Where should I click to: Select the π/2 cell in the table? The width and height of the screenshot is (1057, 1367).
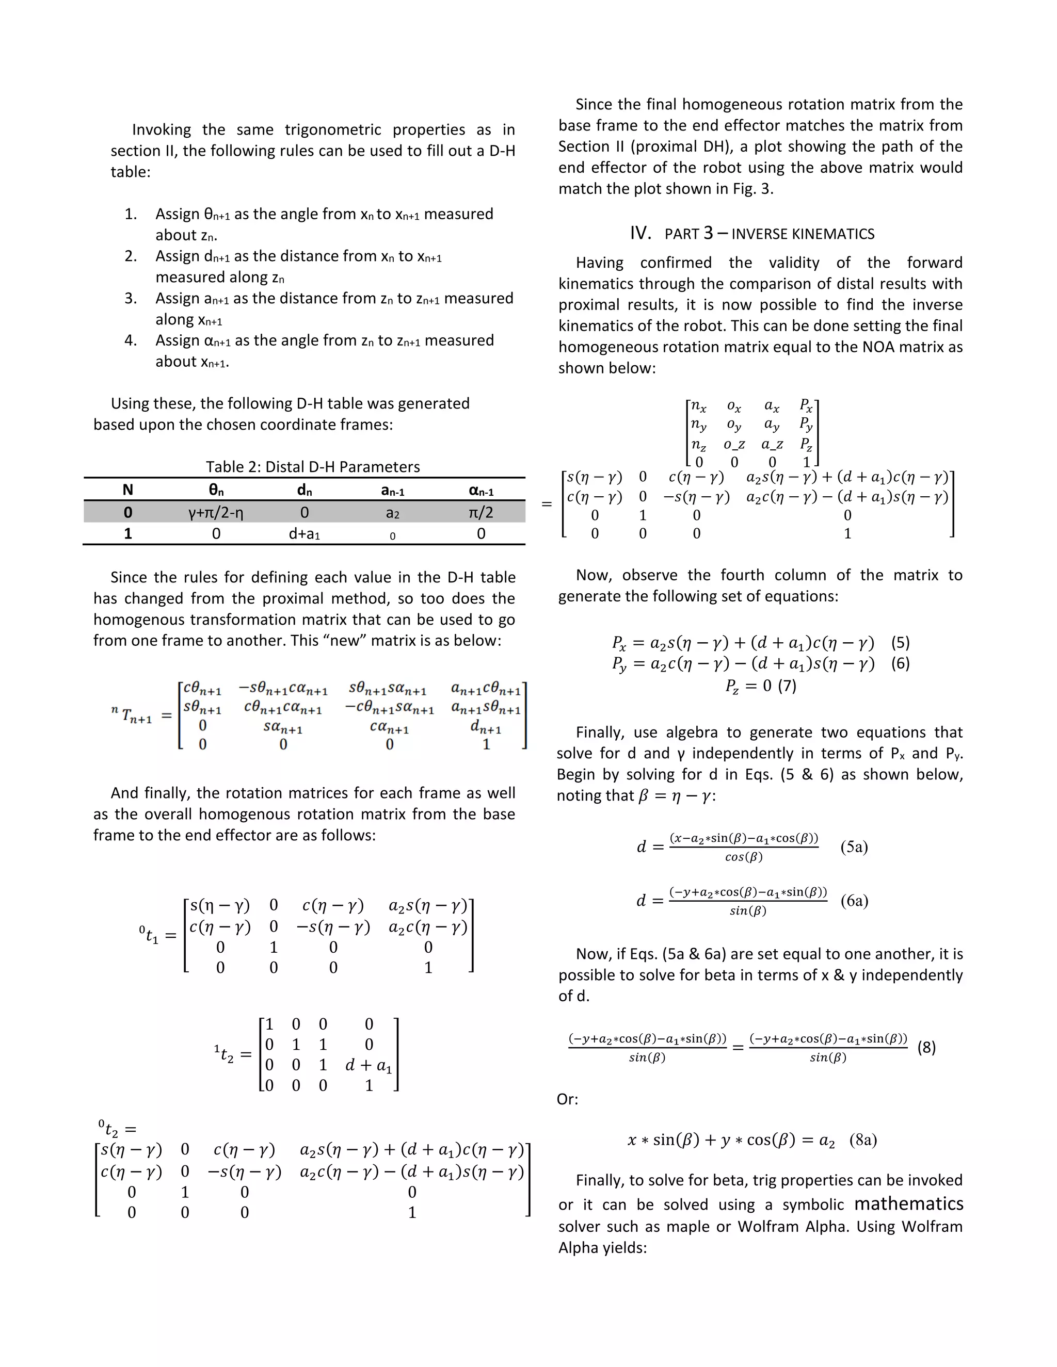coord(481,513)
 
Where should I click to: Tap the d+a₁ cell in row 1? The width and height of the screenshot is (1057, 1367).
coord(305,534)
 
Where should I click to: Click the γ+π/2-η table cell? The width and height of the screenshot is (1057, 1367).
coord(216,513)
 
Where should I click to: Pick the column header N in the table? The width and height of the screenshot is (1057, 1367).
coord(128,490)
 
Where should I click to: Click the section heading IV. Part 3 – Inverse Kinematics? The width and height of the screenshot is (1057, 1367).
coord(752,234)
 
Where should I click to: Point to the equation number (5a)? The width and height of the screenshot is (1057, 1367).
coord(854,847)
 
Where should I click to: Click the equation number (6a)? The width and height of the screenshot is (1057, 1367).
coord(854,901)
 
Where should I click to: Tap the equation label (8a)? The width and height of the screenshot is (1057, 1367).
coord(863,1140)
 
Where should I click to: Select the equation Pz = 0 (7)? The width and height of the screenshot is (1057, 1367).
coord(760,686)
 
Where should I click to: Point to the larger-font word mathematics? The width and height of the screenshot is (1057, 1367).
coord(908,1203)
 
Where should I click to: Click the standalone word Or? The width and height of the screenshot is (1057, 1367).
coord(567,1099)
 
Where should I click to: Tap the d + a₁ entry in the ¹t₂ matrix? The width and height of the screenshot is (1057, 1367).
coord(368,1065)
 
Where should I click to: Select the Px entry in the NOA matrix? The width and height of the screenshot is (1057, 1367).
coord(806,406)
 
